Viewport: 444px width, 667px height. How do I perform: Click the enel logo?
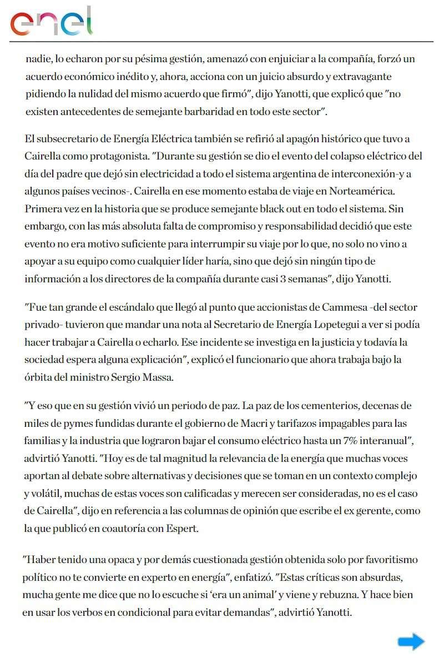(x=51, y=22)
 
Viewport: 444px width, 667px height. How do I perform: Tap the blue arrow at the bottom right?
(x=411, y=642)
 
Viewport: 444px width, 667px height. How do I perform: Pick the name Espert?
(x=180, y=529)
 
